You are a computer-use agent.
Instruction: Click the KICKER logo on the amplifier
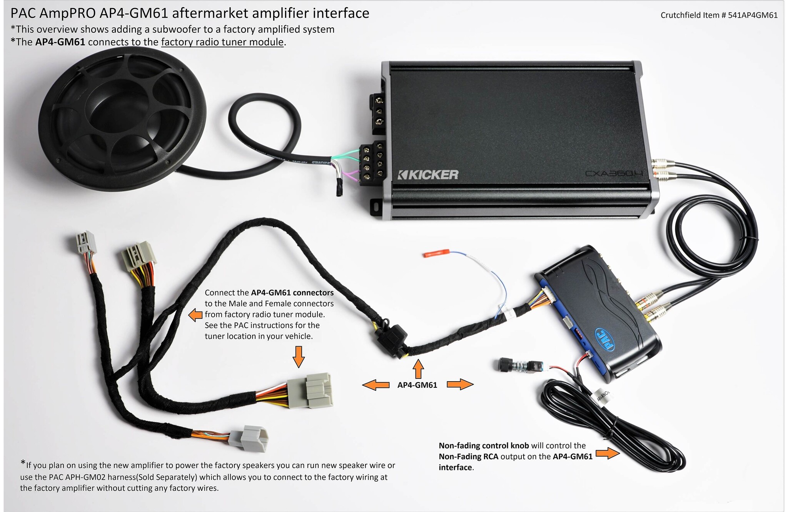pyautogui.click(x=428, y=175)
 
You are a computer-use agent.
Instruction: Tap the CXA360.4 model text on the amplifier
pyautogui.click(x=614, y=173)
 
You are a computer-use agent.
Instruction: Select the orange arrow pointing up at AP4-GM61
pyautogui.click(x=418, y=369)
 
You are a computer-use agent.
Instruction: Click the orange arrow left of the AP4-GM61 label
pyautogui.click(x=376, y=385)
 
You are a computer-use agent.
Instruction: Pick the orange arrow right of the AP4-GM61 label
pyautogui.click(x=460, y=384)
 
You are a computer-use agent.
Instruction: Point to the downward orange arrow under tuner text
pyautogui.click(x=298, y=357)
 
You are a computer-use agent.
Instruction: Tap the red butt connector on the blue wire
pyautogui.click(x=436, y=254)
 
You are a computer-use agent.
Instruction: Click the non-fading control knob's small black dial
pyautogui.click(x=504, y=363)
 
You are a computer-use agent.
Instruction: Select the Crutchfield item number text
pyautogui.click(x=719, y=15)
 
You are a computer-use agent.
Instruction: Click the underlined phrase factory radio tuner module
pyautogui.click(x=222, y=42)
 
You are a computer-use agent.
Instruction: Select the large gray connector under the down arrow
pyautogui.click(x=309, y=390)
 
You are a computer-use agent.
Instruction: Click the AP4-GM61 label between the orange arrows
pyautogui.click(x=417, y=385)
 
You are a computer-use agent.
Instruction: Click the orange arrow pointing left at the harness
pyautogui.click(x=195, y=315)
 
